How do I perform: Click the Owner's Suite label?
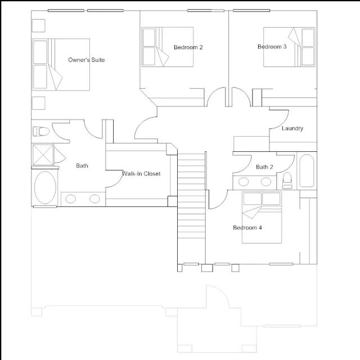(x=86, y=60)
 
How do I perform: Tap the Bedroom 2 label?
(x=188, y=47)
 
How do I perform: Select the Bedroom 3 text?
(x=272, y=47)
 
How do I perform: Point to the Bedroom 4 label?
(x=247, y=227)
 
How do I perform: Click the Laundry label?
(x=292, y=128)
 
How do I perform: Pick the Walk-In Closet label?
(x=141, y=174)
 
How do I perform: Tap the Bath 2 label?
(x=264, y=167)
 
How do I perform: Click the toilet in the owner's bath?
(x=41, y=132)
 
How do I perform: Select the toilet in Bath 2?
(x=287, y=181)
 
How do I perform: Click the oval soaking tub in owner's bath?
(x=45, y=187)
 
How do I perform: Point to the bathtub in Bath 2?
(x=307, y=170)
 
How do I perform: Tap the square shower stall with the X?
(x=43, y=155)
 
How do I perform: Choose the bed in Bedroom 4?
(x=262, y=218)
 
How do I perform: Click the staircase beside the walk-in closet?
(x=191, y=196)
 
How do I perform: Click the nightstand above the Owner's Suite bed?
(x=38, y=25)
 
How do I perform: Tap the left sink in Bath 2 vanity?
(x=244, y=182)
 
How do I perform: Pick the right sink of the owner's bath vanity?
(x=94, y=199)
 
